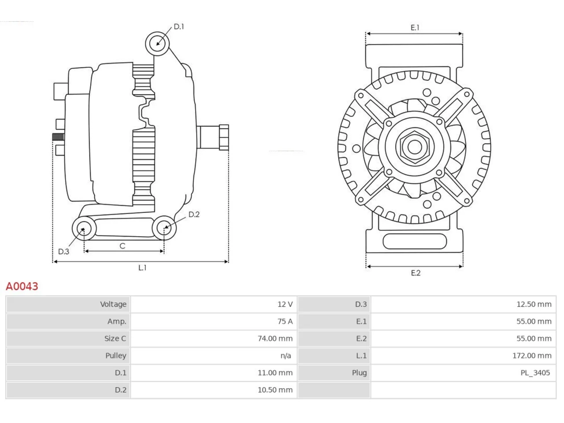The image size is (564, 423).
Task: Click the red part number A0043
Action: [22, 286]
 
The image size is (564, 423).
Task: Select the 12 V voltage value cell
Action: [285, 304]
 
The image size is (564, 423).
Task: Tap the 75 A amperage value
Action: [285, 321]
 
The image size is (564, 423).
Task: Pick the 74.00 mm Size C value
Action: [275, 338]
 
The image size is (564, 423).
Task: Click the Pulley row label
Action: [115, 356]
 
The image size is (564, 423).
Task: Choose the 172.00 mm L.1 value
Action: [532, 356]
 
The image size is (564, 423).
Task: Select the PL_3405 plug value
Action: [535, 373]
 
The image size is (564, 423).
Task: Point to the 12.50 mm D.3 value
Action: [534, 304]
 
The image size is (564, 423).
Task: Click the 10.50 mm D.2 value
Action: [275, 390]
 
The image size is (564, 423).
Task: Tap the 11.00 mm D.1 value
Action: [275, 373]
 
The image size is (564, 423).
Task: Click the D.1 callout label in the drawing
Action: [179, 27]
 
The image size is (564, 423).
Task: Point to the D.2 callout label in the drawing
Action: [194, 215]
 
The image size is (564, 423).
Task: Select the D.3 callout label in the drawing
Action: [63, 252]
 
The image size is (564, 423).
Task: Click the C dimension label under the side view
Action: [122, 246]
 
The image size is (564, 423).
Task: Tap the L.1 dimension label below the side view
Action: [142, 268]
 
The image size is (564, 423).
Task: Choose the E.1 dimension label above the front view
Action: [415, 27]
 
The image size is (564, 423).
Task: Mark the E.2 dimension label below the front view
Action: [416, 273]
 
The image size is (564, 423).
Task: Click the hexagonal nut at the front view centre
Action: [415, 147]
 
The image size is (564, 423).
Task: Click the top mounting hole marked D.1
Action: [157, 44]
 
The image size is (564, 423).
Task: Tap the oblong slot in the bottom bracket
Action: [415, 241]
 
